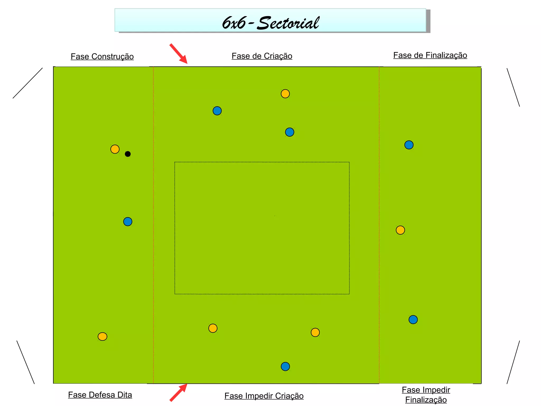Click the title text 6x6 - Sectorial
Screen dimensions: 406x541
pyautogui.click(x=270, y=23)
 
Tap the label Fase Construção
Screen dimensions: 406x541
pyautogui.click(x=102, y=57)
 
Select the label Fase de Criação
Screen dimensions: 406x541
pyautogui.click(x=262, y=56)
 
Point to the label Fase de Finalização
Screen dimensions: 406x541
pyautogui.click(x=430, y=55)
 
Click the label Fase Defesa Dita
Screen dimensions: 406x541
pyautogui.click(x=100, y=395)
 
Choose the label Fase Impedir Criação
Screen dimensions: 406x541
pyautogui.click(x=264, y=396)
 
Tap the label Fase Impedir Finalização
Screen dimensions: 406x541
pyautogui.click(x=426, y=395)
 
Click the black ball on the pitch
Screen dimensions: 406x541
pyautogui.click(x=128, y=154)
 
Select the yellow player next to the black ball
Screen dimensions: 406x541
pyautogui.click(x=115, y=149)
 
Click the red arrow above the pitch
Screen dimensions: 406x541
pyautogui.click(x=179, y=54)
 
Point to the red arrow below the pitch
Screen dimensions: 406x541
pyautogui.click(x=179, y=393)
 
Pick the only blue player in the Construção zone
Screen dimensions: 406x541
pyautogui.click(x=128, y=222)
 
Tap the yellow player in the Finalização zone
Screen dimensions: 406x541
pyautogui.click(x=400, y=230)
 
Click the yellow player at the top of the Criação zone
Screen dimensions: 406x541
pyautogui.click(x=285, y=94)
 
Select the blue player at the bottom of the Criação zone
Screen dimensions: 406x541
pyautogui.click(x=285, y=366)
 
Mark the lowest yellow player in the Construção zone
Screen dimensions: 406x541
pyautogui.click(x=102, y=336)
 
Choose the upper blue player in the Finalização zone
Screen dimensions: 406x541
pyautogui.click(x=409, y=145)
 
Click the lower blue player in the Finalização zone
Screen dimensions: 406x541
pyautogui.click(x=413, y=320)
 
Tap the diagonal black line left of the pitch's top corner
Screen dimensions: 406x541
pyautogui.click(x=28, y=83)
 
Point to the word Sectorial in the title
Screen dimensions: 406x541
pyautogui.click(x=288, y=23)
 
